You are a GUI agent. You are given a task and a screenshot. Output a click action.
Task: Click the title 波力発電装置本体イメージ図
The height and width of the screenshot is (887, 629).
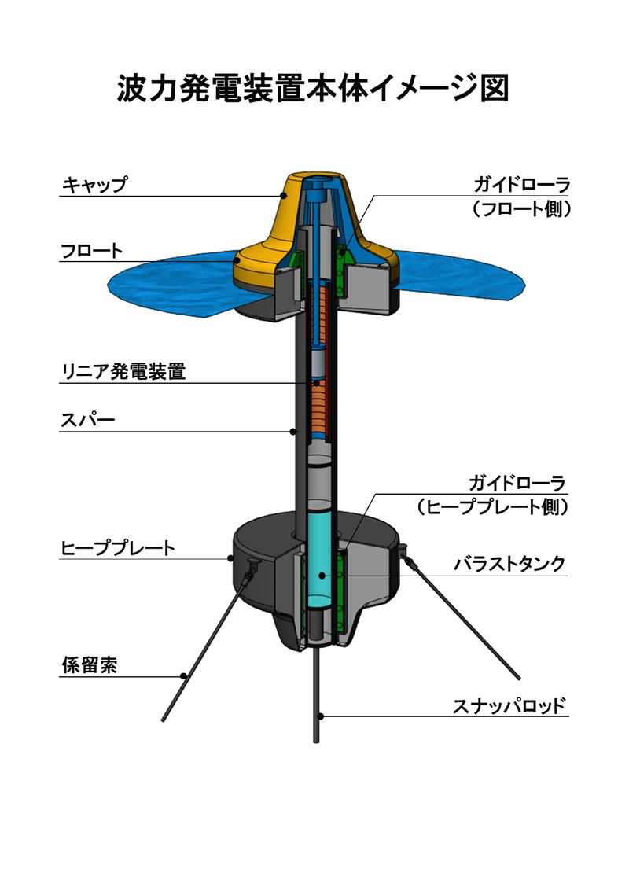click(x=314, y=89)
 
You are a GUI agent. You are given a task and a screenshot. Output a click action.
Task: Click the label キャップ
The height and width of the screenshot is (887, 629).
click(x=94, y=186)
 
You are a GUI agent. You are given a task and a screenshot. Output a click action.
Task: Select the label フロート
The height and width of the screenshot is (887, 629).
click(x=92, y=252)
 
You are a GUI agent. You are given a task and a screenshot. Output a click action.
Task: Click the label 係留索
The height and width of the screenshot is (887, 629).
click(x=90, y=665)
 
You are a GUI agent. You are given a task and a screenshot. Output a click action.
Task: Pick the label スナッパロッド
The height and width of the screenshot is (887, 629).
click(x=509, y=706)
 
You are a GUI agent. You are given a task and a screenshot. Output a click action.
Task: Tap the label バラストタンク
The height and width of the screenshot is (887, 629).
click(x=509, y=564)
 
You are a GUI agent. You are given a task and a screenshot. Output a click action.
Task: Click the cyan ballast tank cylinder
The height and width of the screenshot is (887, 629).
click(x=320, y=558)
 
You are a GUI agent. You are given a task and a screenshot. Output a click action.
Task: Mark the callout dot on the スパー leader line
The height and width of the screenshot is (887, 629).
click(x=293, y=431)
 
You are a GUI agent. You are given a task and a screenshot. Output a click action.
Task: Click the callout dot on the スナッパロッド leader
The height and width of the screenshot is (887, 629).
click(x=322, y=716)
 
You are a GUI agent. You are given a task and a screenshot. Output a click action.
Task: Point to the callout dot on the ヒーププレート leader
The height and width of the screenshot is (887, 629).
click(x=230, y=559)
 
